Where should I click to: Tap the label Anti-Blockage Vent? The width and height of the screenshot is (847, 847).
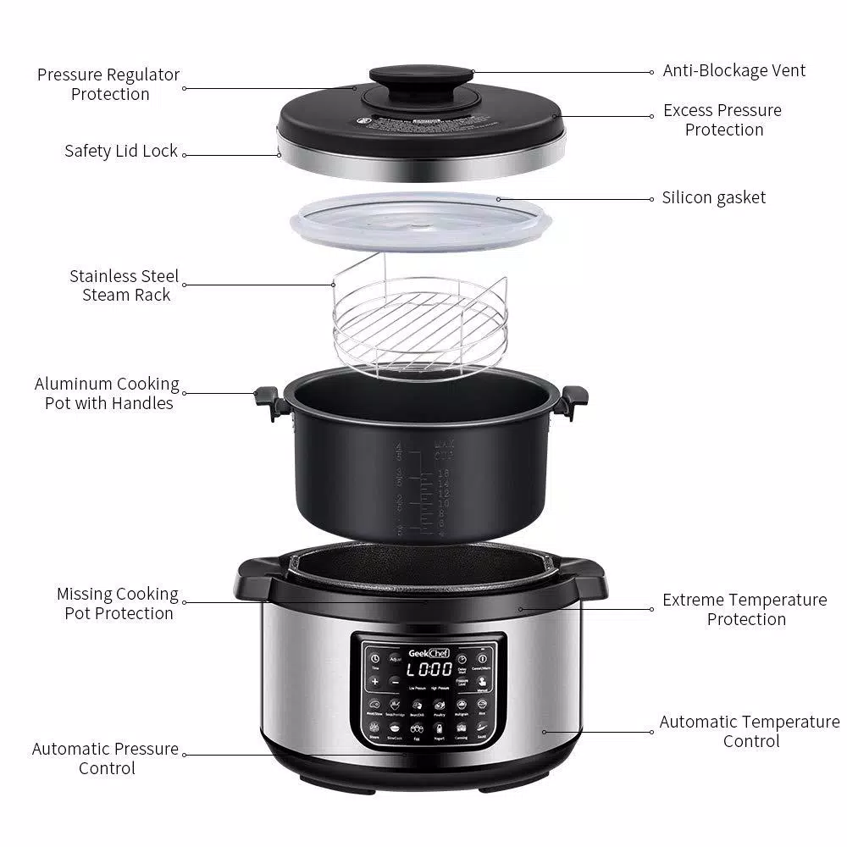(x=734, y=71)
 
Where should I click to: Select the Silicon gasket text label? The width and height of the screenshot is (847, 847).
(x=713, y=198)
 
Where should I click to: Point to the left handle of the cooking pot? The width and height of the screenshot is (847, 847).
(x=267, y=401)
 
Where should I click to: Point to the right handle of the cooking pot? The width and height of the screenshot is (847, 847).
(x=573, y=401)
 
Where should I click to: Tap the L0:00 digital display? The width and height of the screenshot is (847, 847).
(x=429, y=669)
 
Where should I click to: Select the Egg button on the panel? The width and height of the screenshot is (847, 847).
(x=417, y=729)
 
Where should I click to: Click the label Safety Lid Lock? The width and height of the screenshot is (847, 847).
(x=121, y=152)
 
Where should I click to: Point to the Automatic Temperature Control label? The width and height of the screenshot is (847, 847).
(x=750, y=732)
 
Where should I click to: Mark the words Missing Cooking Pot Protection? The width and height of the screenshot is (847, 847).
(x=118, y=604)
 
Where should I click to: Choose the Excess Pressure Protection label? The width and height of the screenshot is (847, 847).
(x=723, y=120)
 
